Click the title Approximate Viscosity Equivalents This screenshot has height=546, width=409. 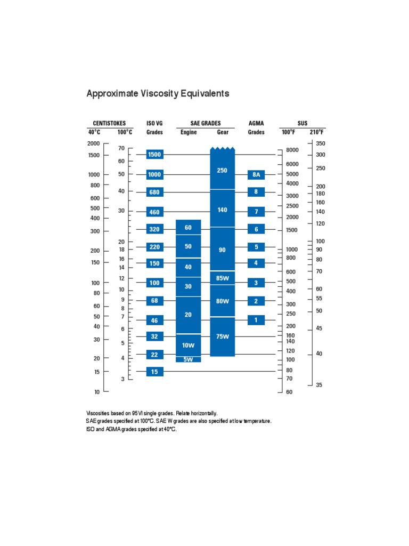tap(158, 94)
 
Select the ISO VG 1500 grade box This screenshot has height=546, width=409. tap(154, 155)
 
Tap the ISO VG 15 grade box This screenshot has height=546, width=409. tap(154, 372)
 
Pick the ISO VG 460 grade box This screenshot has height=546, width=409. tap(154, 212)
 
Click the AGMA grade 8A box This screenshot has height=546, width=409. tap(256, 174)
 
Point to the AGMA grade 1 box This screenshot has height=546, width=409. tap(256, 320)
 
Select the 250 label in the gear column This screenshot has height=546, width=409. tap(222, 171)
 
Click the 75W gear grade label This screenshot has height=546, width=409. tap(222, 336)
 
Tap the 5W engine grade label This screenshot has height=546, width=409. tap(188, 359)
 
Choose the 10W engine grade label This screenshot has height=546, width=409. tap(188, 346)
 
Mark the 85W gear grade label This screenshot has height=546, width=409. tap(222, 278)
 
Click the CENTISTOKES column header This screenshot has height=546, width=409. tap(109, 123)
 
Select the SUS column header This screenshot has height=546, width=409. tap(302, 123)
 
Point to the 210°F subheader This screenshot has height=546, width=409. tap(317, 132)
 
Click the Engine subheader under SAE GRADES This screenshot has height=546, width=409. tap(189, 132)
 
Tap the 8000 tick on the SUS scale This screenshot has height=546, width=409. tap(292, 150)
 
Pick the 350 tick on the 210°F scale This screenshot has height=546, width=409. tap(320, 143)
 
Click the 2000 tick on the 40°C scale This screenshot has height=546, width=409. tap(94, 143)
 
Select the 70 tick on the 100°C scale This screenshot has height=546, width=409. tap(121, 148)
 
